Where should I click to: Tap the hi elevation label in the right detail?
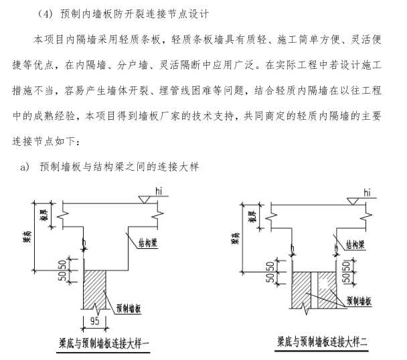click(367, 192)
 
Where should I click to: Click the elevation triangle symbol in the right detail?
click(352, 200)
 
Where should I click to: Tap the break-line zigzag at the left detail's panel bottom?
click(98, 309)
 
